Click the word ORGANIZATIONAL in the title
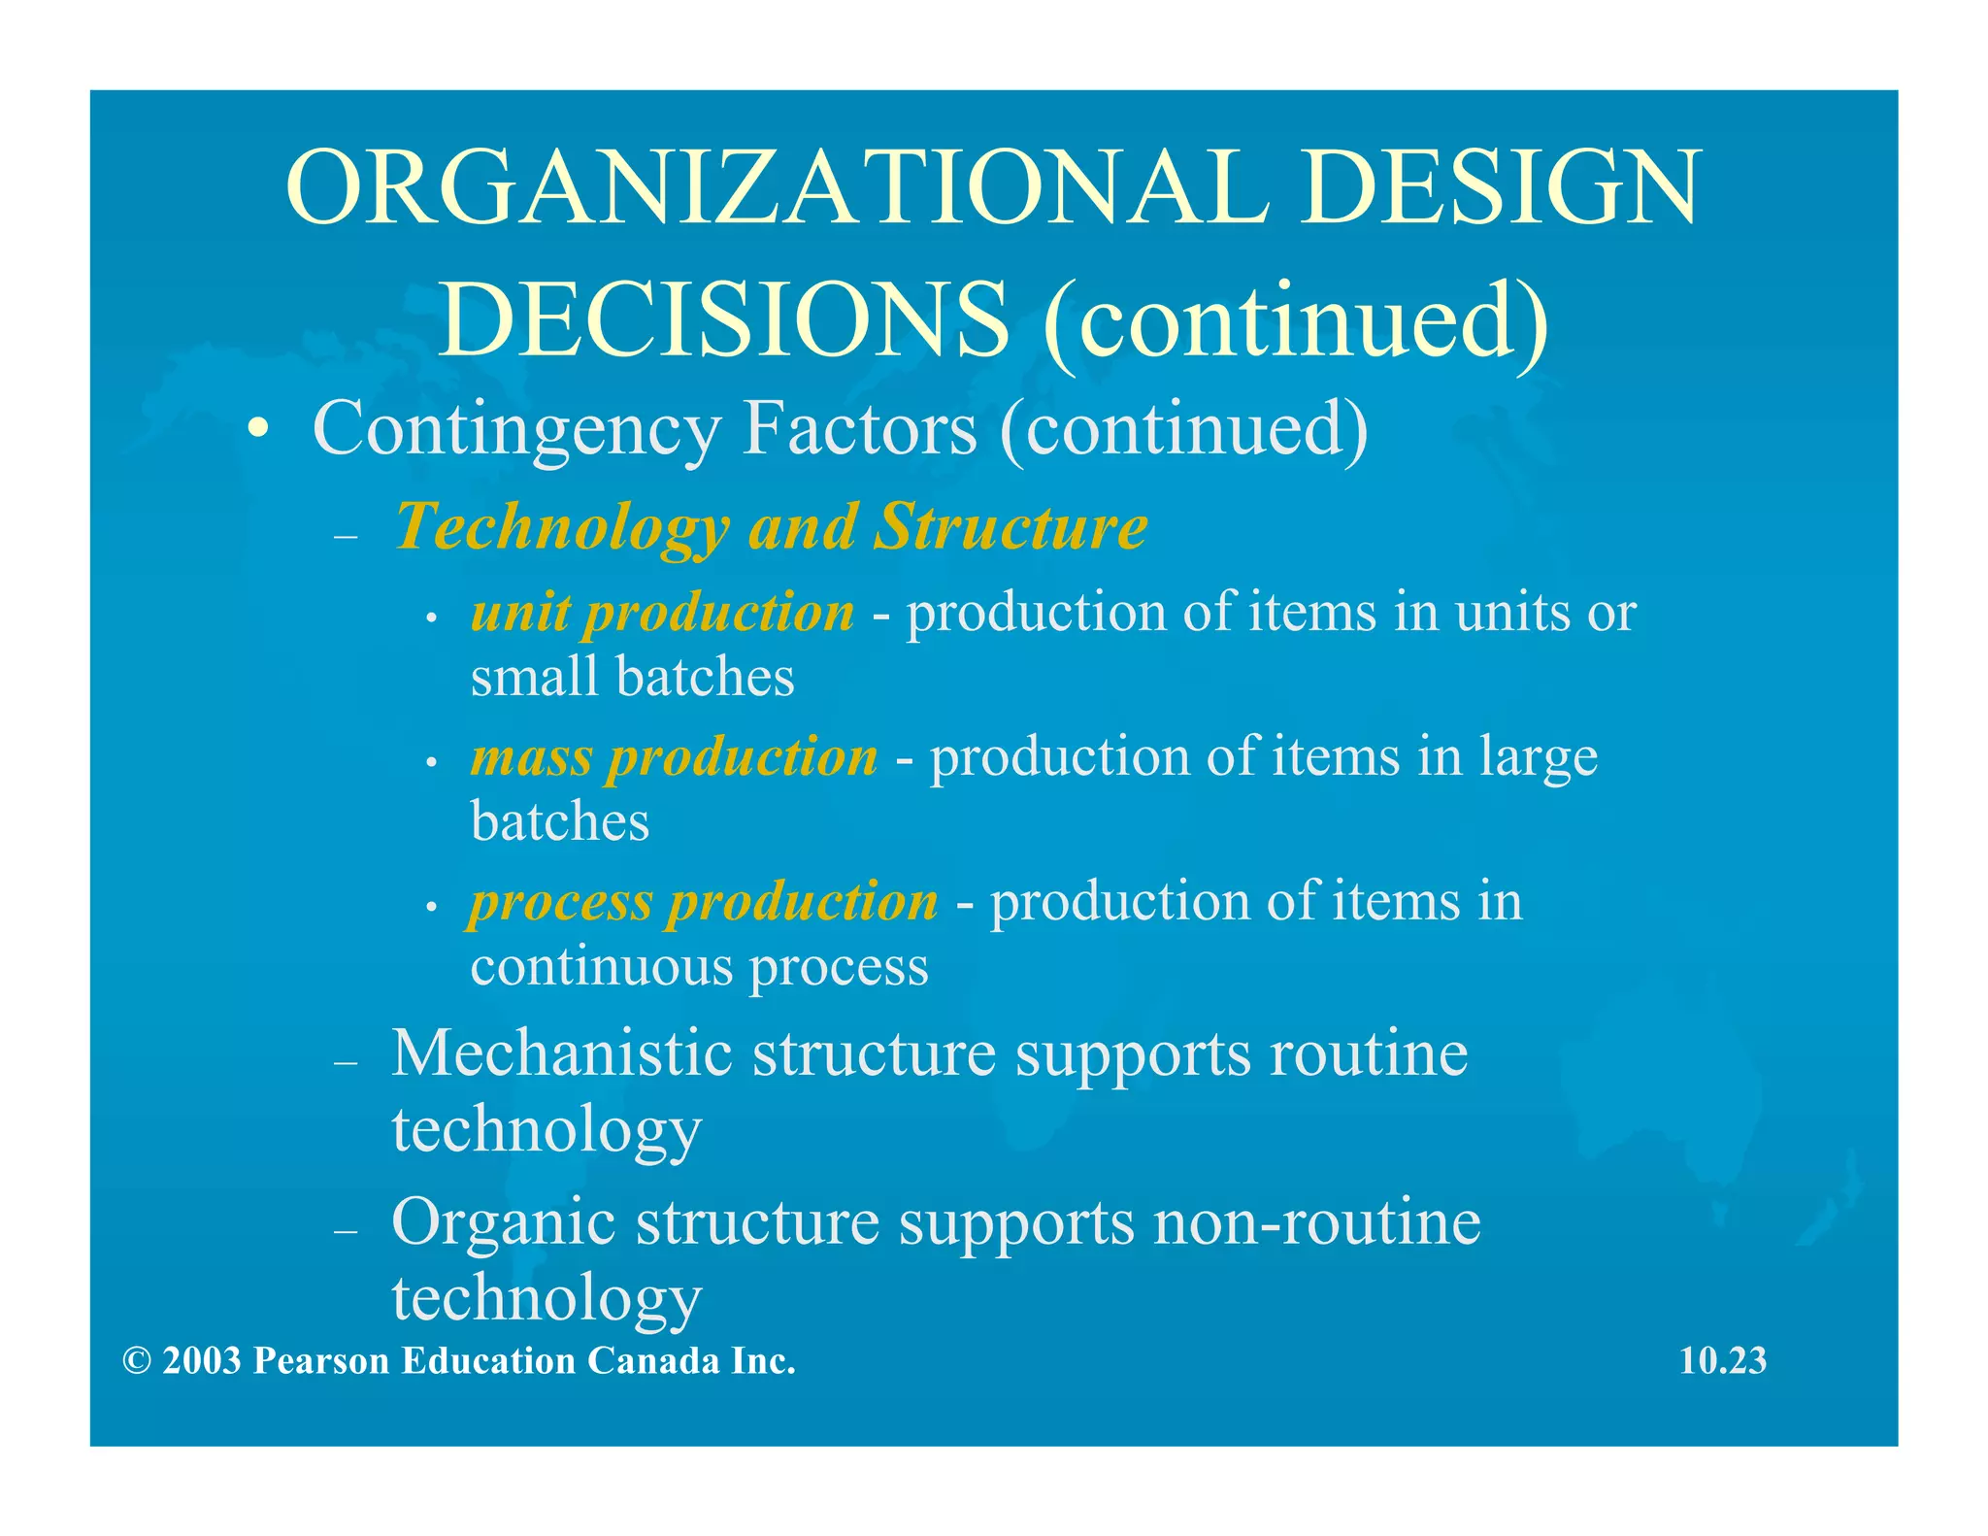click(777, 186)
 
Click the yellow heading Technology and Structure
click(771, 527)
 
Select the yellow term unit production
click(662, 614)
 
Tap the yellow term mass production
click(674, 757)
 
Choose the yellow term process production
click(704, 902)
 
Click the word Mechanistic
click(561, 1052)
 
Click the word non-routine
click(1317, 1220)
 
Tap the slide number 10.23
click(1723, 1360)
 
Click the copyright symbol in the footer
click(137, 1361)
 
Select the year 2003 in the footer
click(202, 1361)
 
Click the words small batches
click(632, 677)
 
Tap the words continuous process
click(699, 967)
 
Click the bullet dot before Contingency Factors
click(256, 430)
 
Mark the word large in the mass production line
click(1539, 757)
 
